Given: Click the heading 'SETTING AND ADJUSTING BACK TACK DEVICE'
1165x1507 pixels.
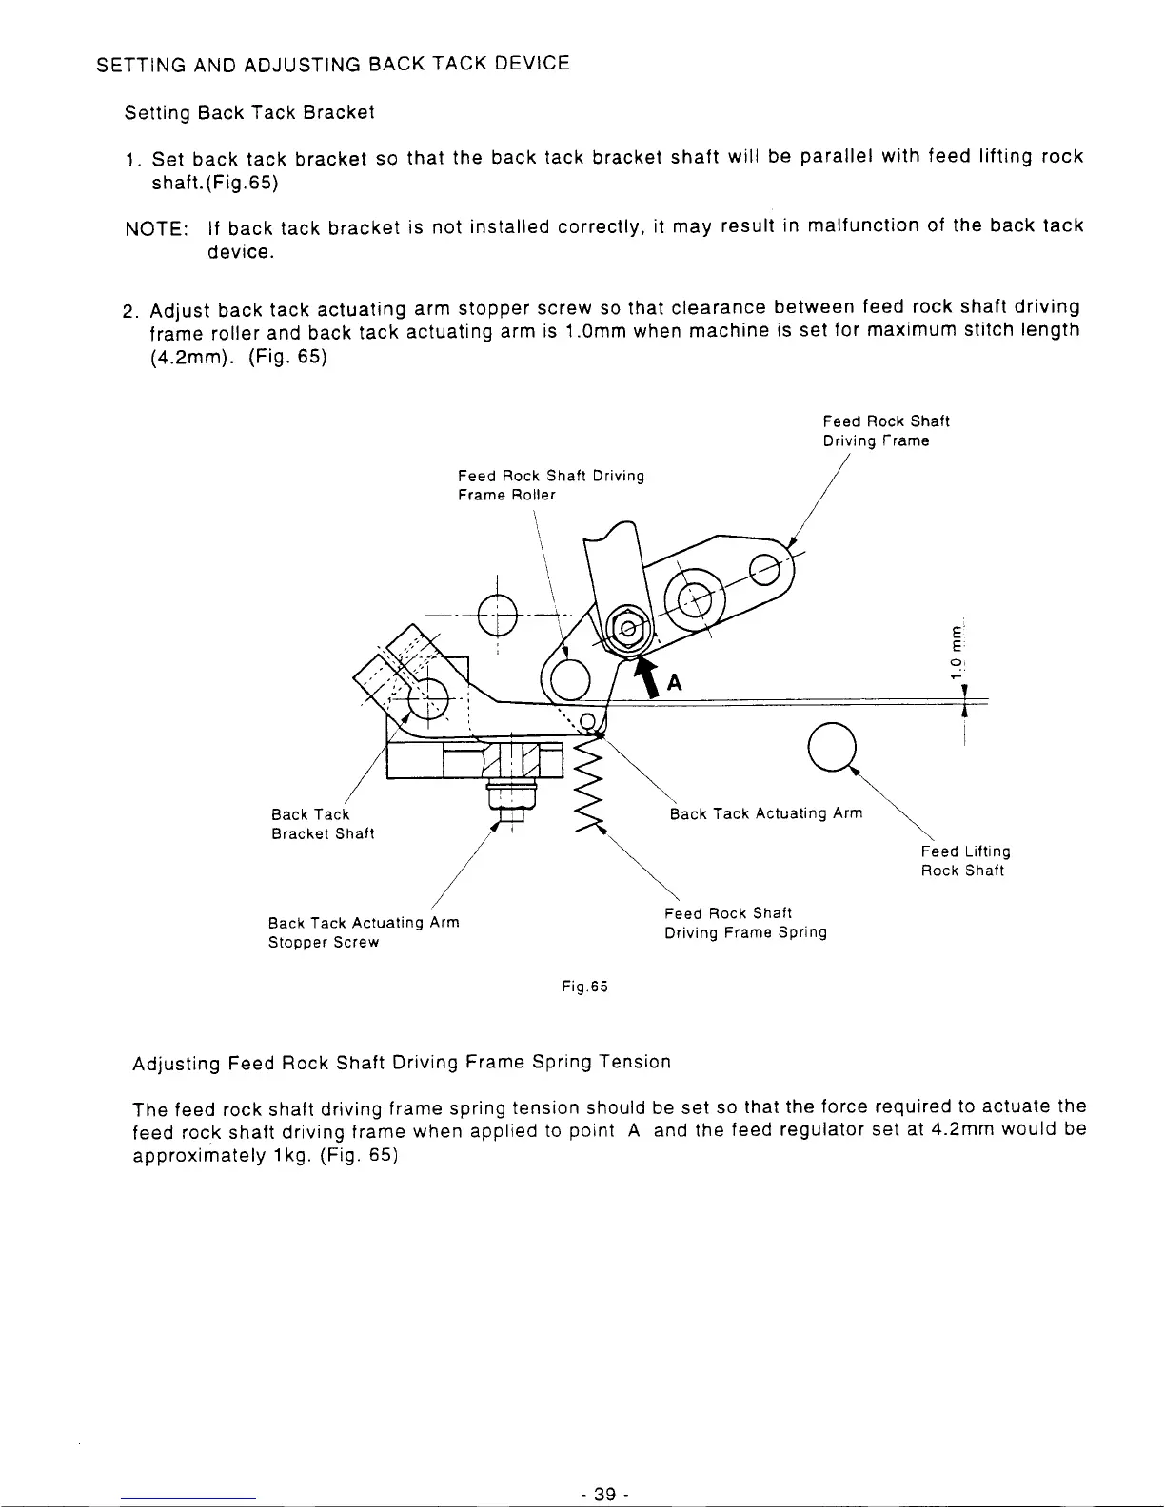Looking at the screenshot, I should point(334,66).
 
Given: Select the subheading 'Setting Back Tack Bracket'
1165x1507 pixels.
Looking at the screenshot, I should point(250,113).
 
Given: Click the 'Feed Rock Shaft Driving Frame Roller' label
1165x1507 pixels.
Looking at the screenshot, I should point(550,485).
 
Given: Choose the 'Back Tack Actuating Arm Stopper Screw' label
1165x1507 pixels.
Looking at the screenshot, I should point(364,932).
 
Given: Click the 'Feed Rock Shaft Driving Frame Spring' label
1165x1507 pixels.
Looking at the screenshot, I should point(745,923).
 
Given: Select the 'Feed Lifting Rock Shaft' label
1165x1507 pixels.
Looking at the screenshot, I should point(965,861).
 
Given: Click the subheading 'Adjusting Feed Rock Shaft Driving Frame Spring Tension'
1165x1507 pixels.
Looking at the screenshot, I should point(402,1062).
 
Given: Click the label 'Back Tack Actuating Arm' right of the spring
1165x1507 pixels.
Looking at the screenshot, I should point(766,813).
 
